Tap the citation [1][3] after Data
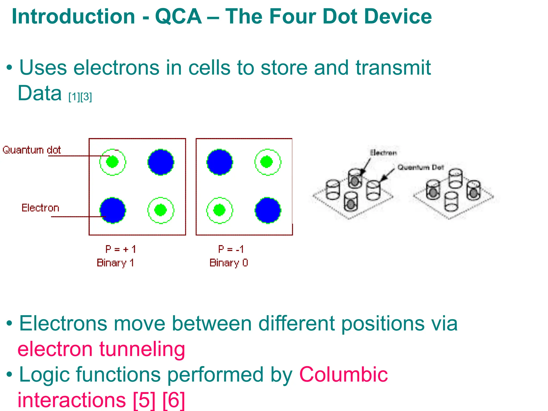click(80, 97)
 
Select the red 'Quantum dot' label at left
click(32, 150)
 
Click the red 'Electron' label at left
click(40, 208)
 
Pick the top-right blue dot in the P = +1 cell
click(161, 162)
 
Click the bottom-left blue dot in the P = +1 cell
click(113, 210)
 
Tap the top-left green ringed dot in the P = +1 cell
click(112, 162)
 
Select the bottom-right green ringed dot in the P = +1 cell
click(161, 210)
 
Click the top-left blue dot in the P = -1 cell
click(220, 162)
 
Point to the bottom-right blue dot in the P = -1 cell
click(268, 210)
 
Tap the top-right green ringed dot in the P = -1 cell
click(268, 162)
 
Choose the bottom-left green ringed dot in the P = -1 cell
click(219, 210)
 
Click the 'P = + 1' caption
click(121, 249)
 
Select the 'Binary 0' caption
click(229, 263)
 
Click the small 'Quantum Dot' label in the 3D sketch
click(420, 168)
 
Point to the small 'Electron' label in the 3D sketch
click(383, 153)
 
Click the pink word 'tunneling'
click(142, 349)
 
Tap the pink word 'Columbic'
click(343, 375)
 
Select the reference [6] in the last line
click(174, 400)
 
